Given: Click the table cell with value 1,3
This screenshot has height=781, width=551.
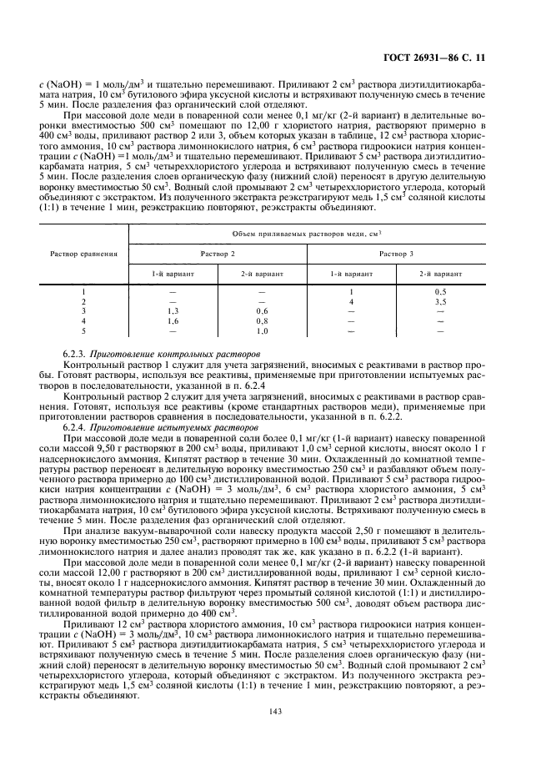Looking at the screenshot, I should pyautogui.click(x=172, y=310).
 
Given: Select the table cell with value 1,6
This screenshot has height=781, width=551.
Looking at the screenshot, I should pyautogui.click(x=172, y=320).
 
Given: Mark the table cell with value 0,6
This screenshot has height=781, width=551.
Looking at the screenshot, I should pyautogui.click(x=262, y=310).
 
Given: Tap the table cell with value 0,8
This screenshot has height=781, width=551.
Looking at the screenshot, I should pyautogui.click(x=262, y=320).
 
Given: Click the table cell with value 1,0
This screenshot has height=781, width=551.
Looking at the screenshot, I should pyautogui.click(x=262, y=330).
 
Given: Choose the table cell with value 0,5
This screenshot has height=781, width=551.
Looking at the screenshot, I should pyautogui.click(x=440, y=290).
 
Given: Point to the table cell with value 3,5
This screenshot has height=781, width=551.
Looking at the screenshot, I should pyautogui.click(x=440, y=300).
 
